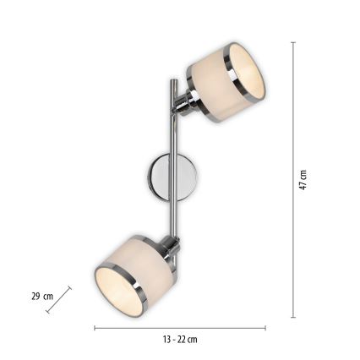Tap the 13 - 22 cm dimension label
180,340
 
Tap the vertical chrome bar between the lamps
173,161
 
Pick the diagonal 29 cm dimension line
58,299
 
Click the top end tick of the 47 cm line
293,42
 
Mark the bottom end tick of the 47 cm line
293,318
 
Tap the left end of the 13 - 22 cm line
94,328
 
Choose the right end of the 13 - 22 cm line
266,328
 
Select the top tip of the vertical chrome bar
173,80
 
